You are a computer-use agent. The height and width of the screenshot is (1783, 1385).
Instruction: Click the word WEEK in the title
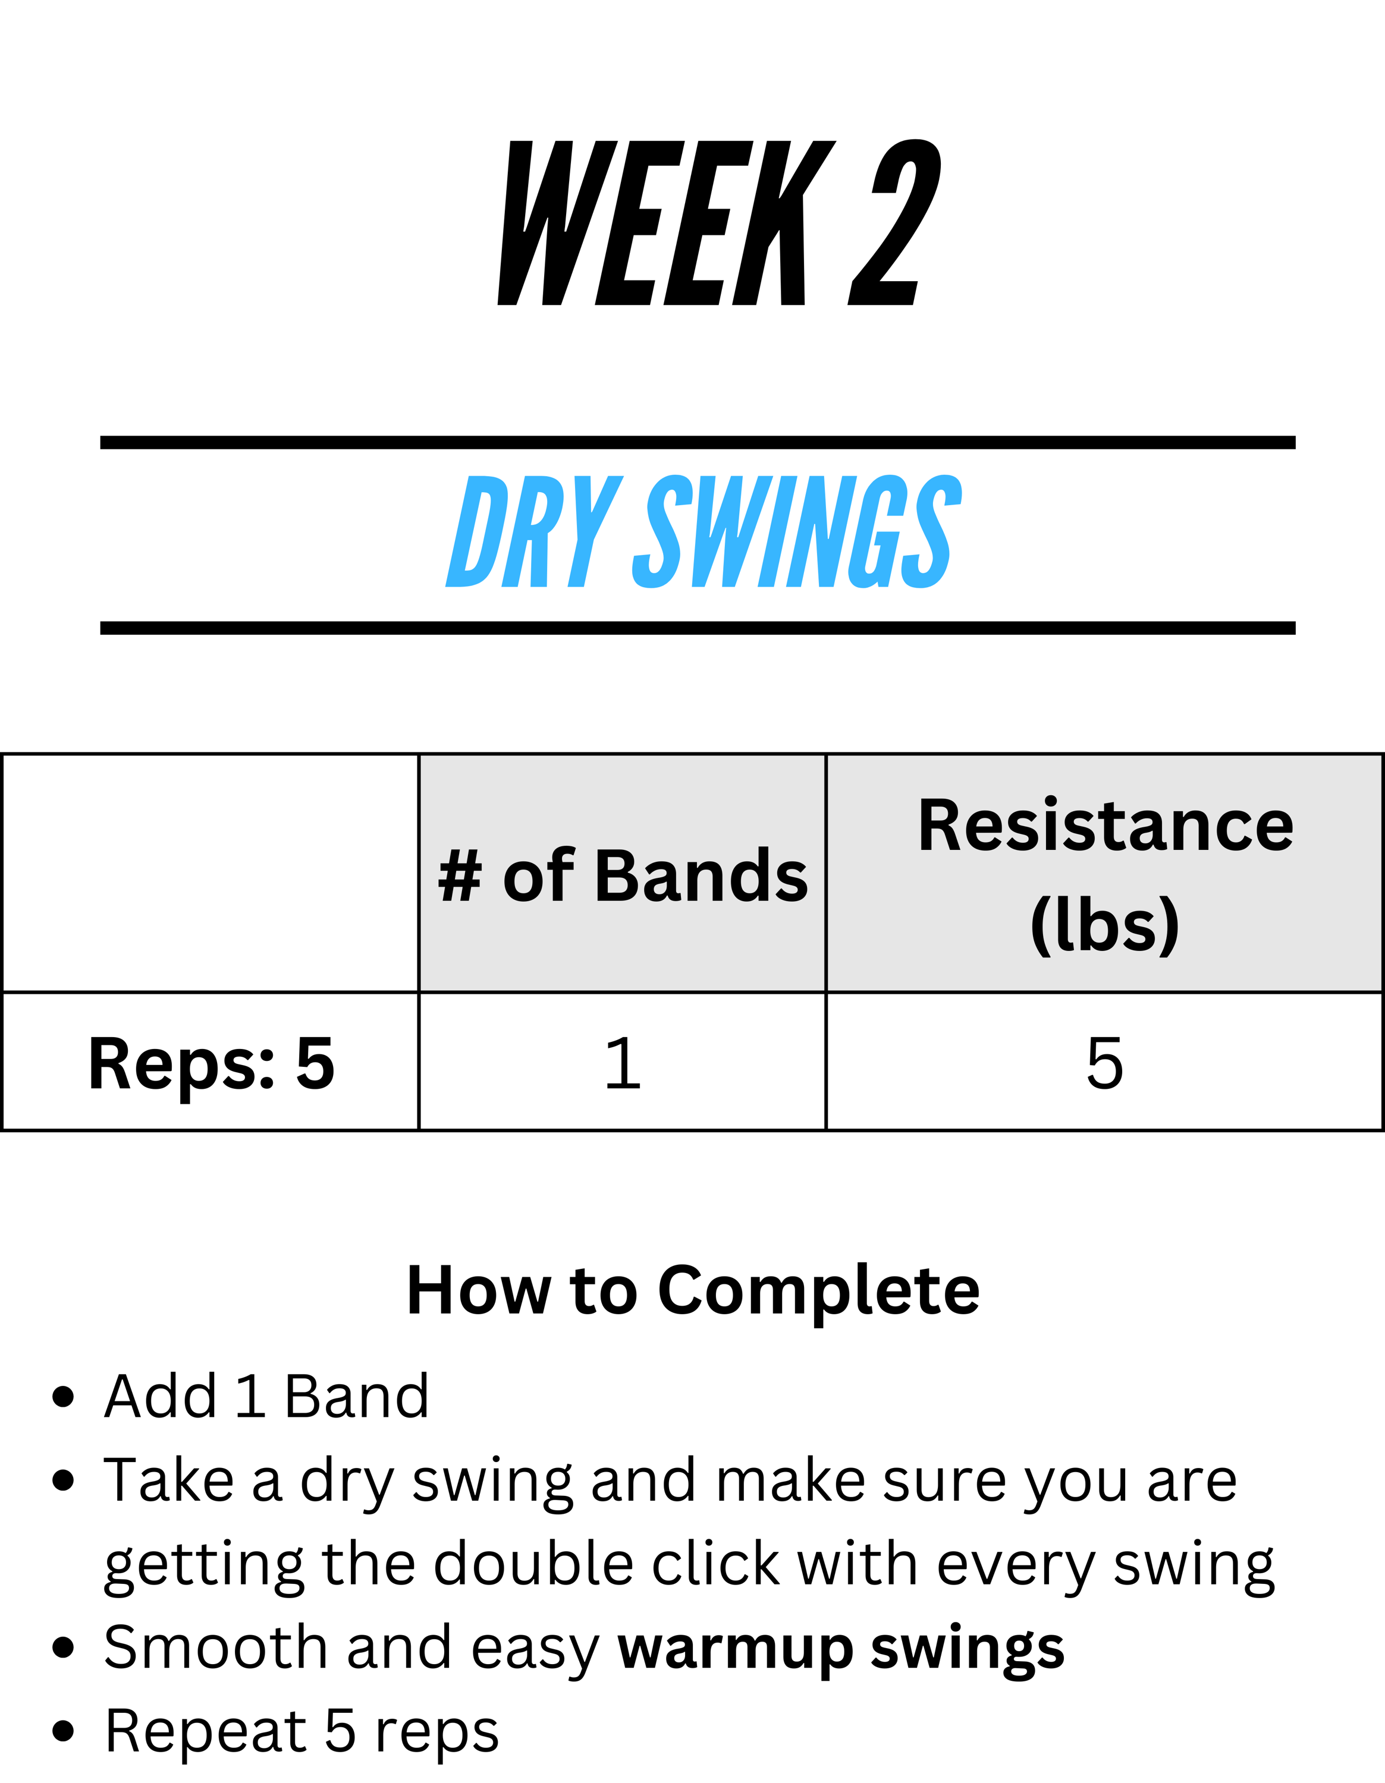(667, 223)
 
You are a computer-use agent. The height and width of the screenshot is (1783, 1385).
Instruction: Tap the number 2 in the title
(895, 223)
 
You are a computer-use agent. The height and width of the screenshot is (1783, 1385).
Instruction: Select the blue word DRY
(534, 531)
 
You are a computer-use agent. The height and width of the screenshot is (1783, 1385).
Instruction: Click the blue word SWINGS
(797, 531)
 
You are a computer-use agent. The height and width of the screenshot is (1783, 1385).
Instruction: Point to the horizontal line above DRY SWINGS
(698, 443)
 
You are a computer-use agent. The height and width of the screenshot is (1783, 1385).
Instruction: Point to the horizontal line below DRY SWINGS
(698, 628)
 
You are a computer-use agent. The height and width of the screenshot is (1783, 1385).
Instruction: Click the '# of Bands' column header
(622, 874)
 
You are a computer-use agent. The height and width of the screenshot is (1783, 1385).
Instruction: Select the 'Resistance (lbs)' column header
(1105, 874)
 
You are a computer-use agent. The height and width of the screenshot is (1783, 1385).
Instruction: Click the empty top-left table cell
(211, 874)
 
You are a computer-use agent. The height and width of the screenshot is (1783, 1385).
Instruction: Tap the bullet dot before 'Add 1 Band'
(63, 1397)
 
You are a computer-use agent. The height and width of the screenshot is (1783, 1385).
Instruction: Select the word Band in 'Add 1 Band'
(357, 1396)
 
